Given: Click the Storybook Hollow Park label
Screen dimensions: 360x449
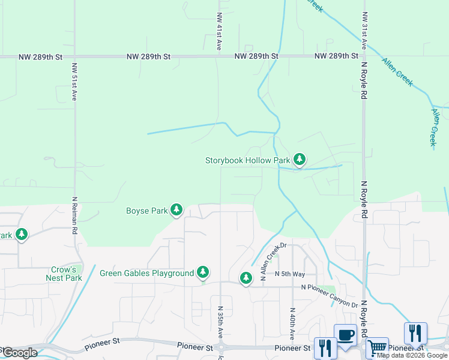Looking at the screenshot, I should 247,160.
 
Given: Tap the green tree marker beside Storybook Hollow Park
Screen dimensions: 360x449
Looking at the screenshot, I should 300,160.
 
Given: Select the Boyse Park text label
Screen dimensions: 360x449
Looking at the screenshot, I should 146,211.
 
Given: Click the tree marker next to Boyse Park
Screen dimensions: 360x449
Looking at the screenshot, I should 176,209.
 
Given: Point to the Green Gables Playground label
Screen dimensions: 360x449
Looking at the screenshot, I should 146,274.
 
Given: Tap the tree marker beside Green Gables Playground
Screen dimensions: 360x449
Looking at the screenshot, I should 203,273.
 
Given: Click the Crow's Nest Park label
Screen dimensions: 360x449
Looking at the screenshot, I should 64,274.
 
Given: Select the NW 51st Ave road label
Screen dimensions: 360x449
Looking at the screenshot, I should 74,82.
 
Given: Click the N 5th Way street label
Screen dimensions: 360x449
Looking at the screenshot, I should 290,274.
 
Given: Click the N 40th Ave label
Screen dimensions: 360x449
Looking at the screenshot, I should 292,326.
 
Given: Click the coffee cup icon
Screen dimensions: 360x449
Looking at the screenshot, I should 345,335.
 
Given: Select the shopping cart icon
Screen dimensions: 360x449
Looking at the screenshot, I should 377,347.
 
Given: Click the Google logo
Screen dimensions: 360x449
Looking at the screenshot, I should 20,353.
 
